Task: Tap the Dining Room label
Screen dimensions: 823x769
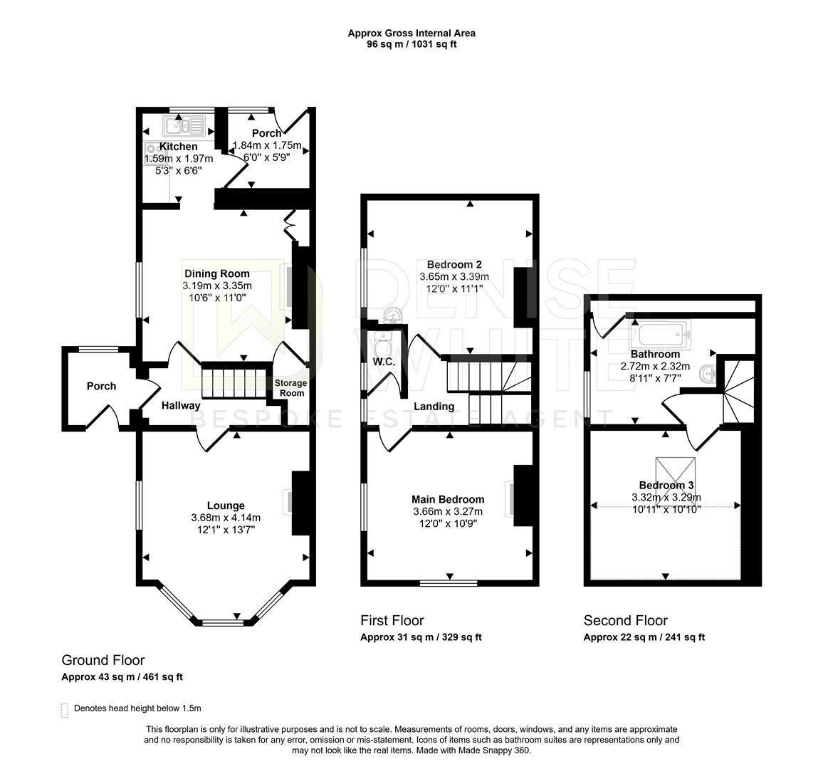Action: click(216, 273)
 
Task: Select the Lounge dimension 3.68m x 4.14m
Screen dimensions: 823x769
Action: click(226, 518)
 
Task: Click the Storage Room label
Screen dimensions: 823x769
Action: click(290, 388)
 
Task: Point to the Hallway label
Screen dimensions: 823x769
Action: click(181, 406)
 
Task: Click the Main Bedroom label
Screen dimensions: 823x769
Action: click(448, 499)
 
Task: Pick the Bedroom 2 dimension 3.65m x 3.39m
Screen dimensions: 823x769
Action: click(454, 277)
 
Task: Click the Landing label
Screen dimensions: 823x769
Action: click(434, 407)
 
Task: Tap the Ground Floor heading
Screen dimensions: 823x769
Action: click(103, 660)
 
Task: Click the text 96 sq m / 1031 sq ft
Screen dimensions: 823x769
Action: click(411, 44)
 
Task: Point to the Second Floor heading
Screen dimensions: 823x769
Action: click(626, 621)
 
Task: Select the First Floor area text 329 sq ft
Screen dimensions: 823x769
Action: click(461, 637)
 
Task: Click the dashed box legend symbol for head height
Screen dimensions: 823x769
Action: click(65, 710)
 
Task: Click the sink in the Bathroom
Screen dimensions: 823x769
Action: click(708, 373)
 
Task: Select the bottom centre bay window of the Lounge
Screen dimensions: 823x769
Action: click(223, 623)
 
